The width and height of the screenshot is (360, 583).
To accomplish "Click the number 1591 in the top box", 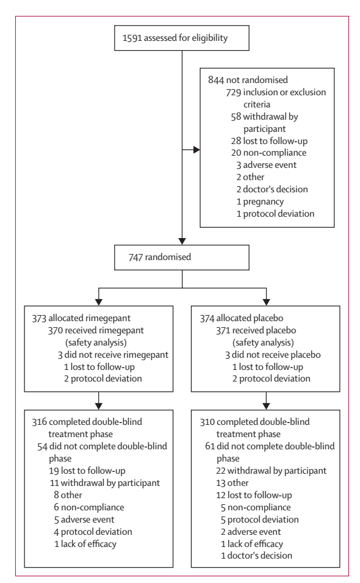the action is pos(132,38).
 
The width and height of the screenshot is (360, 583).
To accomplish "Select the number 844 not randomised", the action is pos(216,80).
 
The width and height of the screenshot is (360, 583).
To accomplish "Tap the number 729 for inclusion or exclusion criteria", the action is pos(234,92).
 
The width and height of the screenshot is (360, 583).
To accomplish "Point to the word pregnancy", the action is pos(264,202).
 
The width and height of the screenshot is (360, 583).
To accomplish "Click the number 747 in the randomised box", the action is pos(135,257).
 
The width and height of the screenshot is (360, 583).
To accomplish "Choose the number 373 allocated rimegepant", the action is pos(39,319).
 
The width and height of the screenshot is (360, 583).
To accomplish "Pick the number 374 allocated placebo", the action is pos(207,319).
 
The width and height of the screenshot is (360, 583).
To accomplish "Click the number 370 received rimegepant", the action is pos(56,330).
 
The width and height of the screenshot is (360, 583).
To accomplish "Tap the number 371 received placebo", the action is pos(223,330).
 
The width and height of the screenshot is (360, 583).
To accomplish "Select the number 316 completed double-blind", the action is pos(40,422).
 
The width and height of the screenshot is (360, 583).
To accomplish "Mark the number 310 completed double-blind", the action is pos(207,422).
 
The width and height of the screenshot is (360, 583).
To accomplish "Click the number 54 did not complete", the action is pos(42,446).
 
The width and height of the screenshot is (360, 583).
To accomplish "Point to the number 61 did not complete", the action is pos(210,446).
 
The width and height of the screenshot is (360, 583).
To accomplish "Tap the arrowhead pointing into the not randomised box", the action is pos(196,150).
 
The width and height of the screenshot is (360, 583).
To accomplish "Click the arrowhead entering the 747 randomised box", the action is pos(182,241).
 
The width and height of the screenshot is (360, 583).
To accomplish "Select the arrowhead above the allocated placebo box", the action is pos(267,302).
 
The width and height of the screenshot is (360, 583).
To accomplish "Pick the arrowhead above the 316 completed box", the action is pos(99,406).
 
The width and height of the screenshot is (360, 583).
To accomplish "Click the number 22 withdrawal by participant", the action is pos(221,471).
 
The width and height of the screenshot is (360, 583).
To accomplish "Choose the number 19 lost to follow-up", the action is pos(54,471).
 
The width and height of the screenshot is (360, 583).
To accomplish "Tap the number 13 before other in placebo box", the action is pos(220,483).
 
